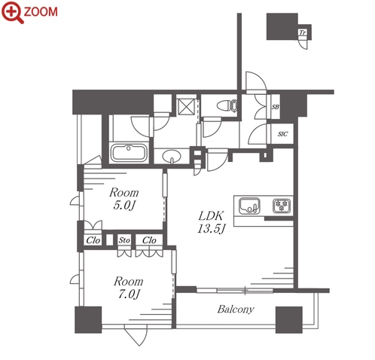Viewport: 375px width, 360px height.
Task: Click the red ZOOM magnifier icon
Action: [13, 12]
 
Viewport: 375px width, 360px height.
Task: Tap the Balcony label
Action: [236, 310]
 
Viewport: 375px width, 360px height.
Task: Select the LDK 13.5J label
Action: [212, 222]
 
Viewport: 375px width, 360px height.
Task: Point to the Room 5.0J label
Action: [124, 199]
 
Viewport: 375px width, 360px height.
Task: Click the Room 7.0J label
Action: [129, 288]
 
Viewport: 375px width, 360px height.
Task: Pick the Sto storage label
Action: [124, 240]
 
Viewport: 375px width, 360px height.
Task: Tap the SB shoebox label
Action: [276, 107]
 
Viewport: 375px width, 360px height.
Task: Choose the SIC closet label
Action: [282, 134]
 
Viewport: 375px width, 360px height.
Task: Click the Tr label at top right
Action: [303, 32]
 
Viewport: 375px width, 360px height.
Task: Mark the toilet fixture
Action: [227, 105]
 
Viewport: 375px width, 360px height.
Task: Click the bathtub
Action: [129, 153]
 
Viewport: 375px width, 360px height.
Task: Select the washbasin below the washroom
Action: [172, 157]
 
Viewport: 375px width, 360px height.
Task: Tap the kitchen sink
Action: [249, 206]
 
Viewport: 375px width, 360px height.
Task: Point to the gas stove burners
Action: [282, 206]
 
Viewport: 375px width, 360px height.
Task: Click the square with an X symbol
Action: [186, 107]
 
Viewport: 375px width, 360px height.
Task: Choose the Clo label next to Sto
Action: [149, 240]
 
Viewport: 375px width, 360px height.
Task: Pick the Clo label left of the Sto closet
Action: [93, 240]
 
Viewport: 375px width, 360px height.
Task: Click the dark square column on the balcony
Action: [289, 320]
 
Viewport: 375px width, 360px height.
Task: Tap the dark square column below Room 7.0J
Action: [88, 320]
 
